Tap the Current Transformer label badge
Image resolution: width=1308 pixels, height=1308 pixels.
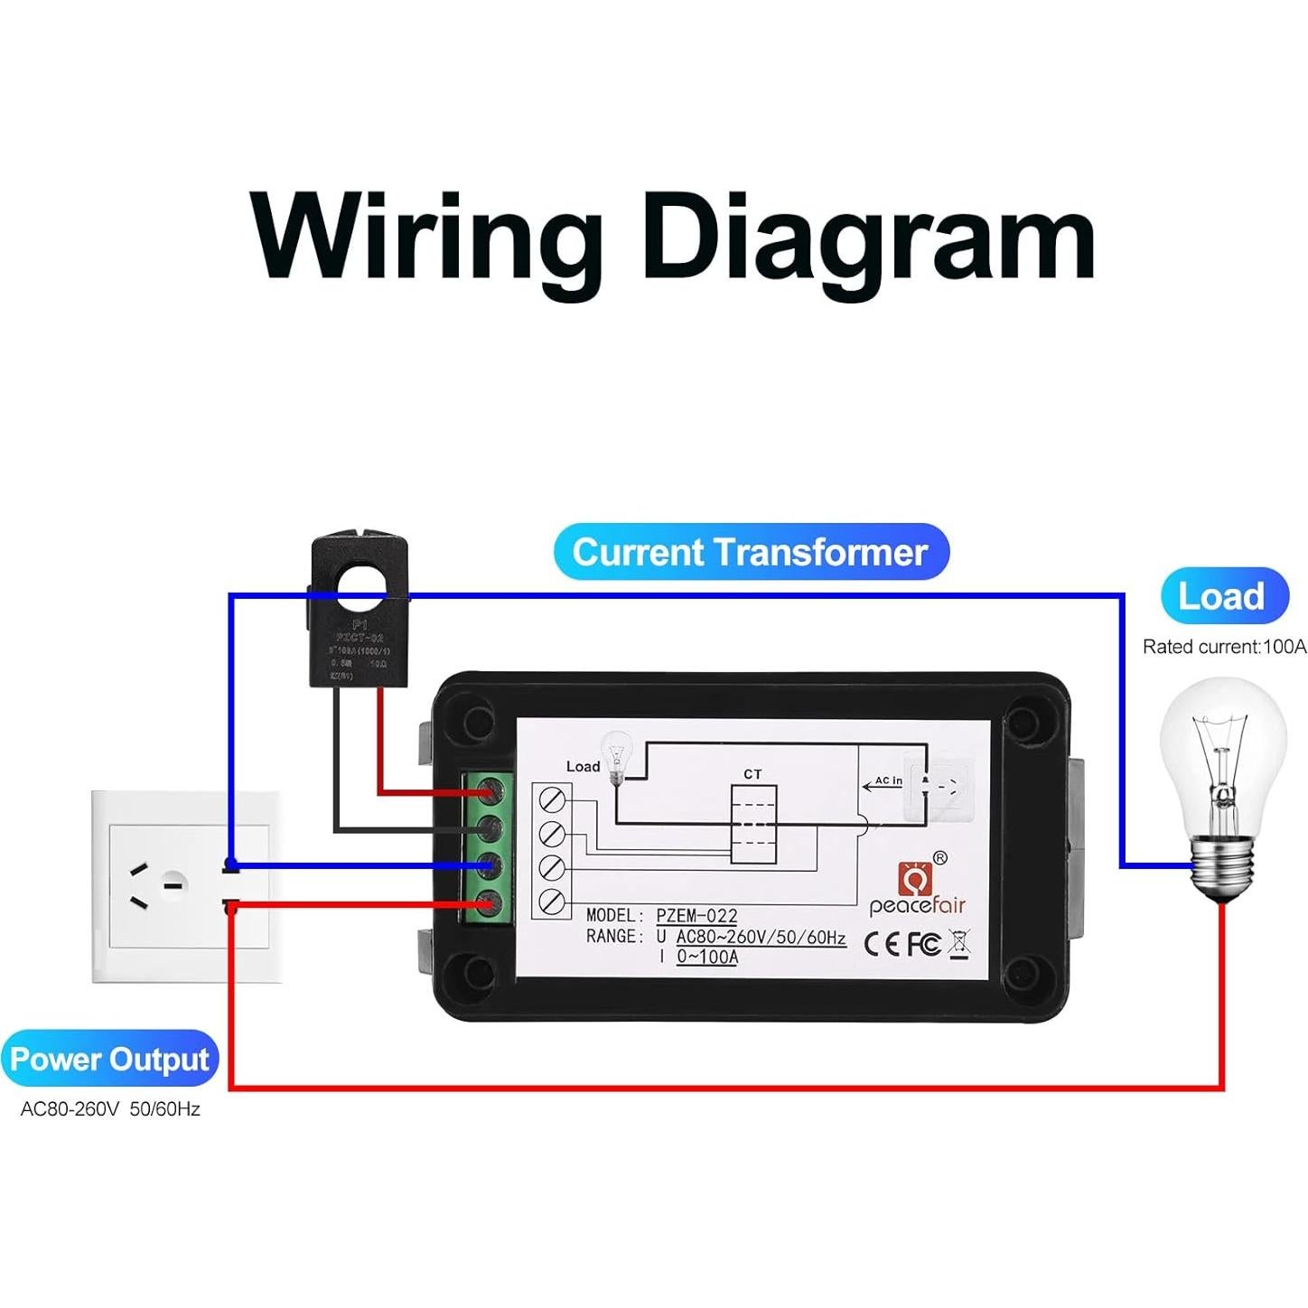[x=751, y=552]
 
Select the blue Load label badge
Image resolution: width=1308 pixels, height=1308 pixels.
[x=1223, y=596]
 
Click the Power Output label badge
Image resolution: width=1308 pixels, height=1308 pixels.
[x=109, y=1059]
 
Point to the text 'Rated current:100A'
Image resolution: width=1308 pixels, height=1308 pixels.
[x=1224, y=647]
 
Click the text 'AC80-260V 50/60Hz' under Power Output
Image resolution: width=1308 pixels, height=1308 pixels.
[x=110, y=1108]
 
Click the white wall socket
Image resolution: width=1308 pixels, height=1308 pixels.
[x=185, y=885]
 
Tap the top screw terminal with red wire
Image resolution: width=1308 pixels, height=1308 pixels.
[x=489, y=792]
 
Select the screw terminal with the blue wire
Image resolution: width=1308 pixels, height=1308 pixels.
[x=489, y=865]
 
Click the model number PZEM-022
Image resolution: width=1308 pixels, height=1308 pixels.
[x=696, y=916]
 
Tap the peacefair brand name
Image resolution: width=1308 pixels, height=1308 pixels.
[x=917, y=905]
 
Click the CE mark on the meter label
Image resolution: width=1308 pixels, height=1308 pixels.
[x=882, y=944]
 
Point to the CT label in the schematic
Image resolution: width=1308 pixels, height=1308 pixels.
[x=752, y=774]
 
